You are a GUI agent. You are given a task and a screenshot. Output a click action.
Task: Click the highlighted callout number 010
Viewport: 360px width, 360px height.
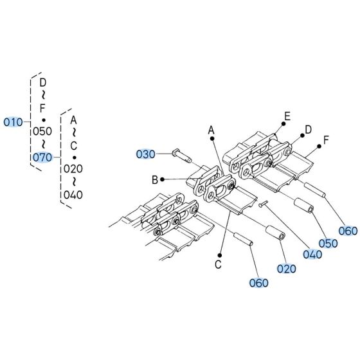pos(13,122)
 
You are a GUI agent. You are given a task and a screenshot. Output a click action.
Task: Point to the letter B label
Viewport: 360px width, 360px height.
pos(155,179)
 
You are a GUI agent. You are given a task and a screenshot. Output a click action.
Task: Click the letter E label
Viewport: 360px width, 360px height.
pos(287,116)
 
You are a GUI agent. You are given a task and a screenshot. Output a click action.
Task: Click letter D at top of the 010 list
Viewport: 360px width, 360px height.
pos(42,83)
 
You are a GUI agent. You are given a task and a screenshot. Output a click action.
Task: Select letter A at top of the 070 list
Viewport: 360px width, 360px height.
pos(73,120)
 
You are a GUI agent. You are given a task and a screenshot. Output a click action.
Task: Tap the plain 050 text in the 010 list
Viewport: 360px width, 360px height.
pos(42,131)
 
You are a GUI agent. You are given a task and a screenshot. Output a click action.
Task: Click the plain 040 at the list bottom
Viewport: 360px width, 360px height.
pos(73,194)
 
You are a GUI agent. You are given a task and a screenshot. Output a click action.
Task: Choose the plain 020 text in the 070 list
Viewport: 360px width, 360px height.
pos(73,169)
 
